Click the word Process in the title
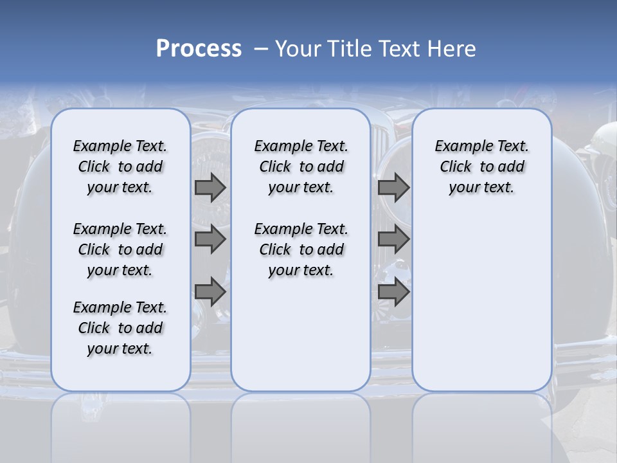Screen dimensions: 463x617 (199, 49)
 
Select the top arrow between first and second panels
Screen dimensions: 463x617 (210, 188)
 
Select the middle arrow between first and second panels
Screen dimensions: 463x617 (210, 240)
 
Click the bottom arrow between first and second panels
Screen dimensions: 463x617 (210, 292)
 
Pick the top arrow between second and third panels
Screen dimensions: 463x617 (393, 188)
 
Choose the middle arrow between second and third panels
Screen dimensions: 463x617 (393, 240)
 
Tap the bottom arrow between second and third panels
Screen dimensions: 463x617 (393, 292)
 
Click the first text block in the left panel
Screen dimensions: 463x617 (120, 167)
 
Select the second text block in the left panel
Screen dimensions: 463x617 (120, 250)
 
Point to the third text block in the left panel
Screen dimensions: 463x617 (120, 328)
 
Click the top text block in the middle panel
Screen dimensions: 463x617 (301, 167)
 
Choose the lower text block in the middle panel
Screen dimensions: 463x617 (301, 250)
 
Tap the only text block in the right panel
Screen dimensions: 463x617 (481, 167)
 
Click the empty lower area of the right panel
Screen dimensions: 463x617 (481, 302)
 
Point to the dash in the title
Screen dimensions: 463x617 (260, 50)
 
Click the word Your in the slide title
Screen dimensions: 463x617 (299, 49)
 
